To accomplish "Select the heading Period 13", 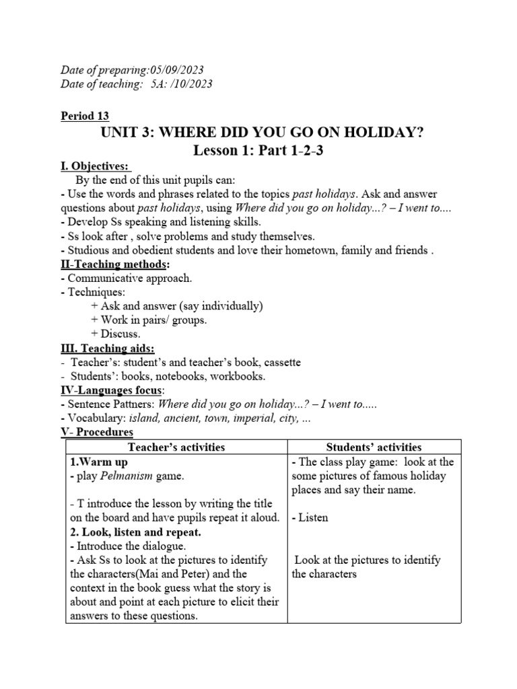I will [x=85, y=116].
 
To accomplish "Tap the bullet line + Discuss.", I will [x=115, y=334].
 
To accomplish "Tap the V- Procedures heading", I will [x=97, y=432].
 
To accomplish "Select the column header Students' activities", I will [x=374, y=447].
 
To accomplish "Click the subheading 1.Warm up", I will [x=99, y=462].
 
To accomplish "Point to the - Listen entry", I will [x=310, y=517].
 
